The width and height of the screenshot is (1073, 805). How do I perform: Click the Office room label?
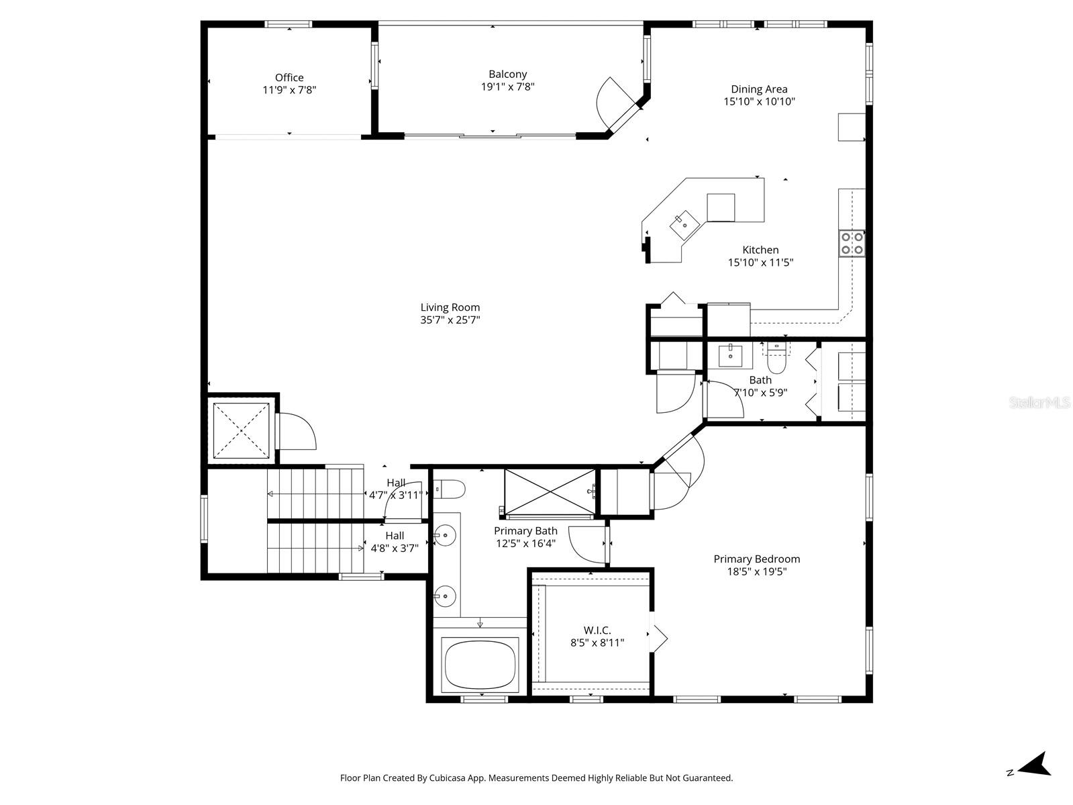(289, 78)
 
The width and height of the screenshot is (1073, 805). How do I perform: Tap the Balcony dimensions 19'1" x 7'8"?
(507, 87)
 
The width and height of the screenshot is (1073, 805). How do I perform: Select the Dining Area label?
(759, 89)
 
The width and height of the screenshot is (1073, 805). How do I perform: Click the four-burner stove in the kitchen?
(852, 243)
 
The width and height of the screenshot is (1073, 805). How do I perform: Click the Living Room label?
(450, 307)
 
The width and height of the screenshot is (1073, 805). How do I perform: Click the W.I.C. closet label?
(597, 630)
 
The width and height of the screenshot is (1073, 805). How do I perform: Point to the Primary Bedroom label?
(756, 559)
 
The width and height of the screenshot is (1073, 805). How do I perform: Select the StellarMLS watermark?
(1040, 403)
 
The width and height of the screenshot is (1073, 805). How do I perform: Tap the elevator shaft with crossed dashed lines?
(240, 428)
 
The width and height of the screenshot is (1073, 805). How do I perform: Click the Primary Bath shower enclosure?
(549, 493)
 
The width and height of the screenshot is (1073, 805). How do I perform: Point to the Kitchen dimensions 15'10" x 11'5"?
(760, 263)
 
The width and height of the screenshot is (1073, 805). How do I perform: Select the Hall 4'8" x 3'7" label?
(395, 542)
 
